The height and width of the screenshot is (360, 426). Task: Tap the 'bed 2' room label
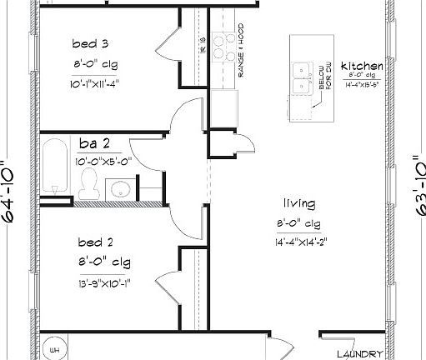[x=95, y=242]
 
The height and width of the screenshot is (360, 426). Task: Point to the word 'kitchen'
[x=362, y=66]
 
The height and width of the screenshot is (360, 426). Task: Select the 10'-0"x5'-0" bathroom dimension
[x=103, y=161]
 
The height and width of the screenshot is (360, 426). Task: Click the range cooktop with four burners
[x=222, y=47]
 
